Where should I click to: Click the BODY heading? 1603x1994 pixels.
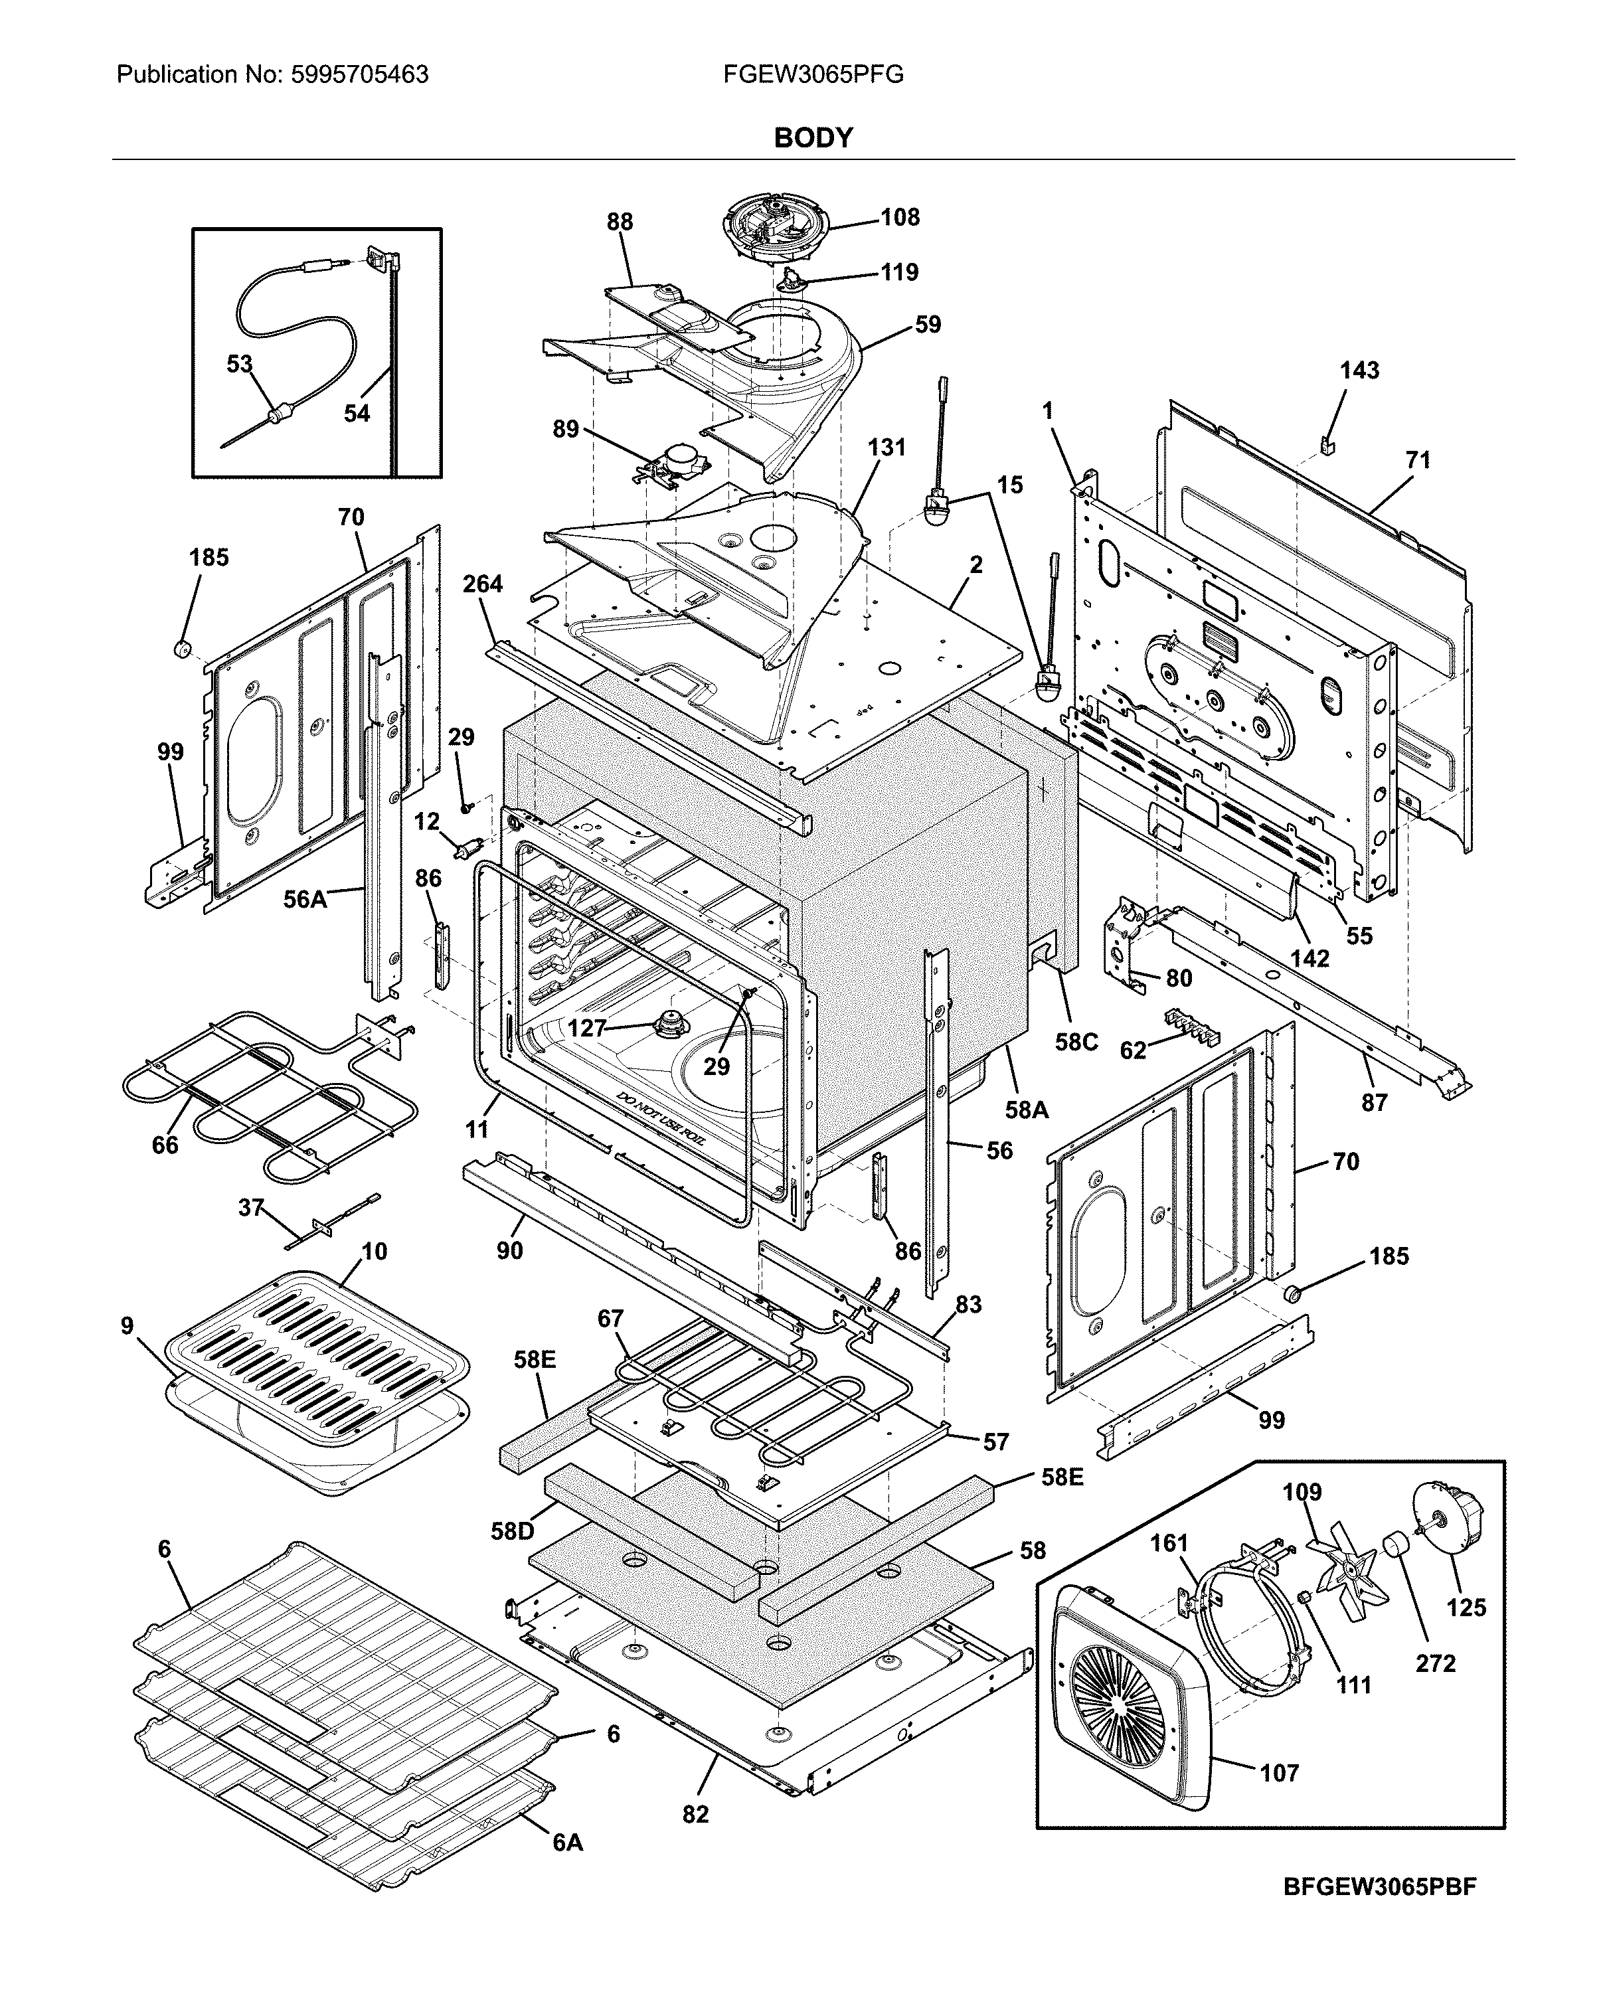[x=813, y=138]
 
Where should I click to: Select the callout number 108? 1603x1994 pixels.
[x=899, y=217]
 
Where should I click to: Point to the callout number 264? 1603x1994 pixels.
[x=483, y=584]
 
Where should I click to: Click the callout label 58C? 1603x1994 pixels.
[x=1076, y=1042]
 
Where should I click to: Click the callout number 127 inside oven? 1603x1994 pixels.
[x=586, y=1027]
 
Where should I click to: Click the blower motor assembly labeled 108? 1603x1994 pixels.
[x=772, y=226]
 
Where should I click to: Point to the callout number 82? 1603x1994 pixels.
[x=696, y=1815]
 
